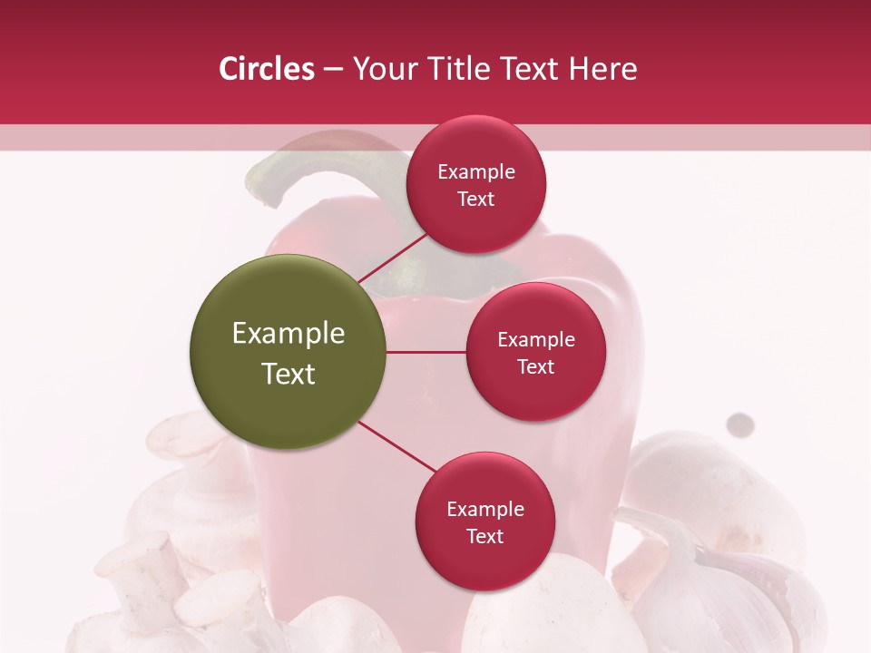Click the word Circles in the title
[267, 69]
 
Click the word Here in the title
[603, 69]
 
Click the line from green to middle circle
[426, 352]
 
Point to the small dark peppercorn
[741, 424]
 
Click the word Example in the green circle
[289, 334]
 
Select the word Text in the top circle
[476, 200]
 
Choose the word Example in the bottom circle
[485, 509]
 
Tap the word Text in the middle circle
[536, 366]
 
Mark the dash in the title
[333, 69]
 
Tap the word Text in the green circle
[289, 374]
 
